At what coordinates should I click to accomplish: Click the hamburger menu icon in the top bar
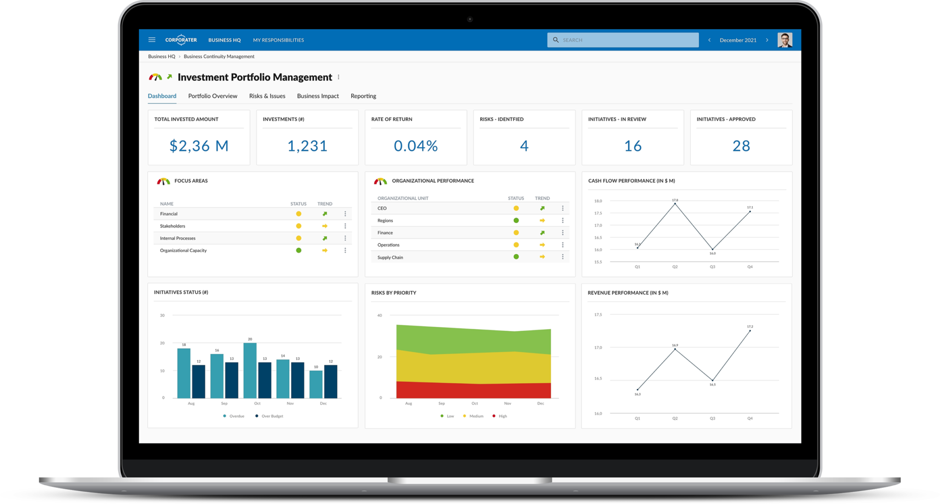(152, 40)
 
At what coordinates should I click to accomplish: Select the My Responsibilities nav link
(278, 40)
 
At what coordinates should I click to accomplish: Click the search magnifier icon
(556, 40)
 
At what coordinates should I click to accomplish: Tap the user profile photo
(785, 40)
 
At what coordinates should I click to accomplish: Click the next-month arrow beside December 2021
(767, 40)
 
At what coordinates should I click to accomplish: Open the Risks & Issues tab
(267, 96)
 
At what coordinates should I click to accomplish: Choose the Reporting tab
(363, 96)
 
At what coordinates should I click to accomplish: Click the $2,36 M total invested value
(199, 146)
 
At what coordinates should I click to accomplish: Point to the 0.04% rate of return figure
(415, 146)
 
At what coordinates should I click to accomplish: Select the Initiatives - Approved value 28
(741, 146)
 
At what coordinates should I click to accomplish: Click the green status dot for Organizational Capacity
(299, 251)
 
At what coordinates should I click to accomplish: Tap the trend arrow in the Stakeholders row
(325, 226)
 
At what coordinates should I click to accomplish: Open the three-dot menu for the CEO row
(563, 208)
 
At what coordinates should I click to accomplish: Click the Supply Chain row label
(390, 258)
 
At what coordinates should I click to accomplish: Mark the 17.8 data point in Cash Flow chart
(675, 204)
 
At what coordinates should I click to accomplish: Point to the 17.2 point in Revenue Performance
(750, 330)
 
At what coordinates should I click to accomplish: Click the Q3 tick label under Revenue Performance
(712, 419)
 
